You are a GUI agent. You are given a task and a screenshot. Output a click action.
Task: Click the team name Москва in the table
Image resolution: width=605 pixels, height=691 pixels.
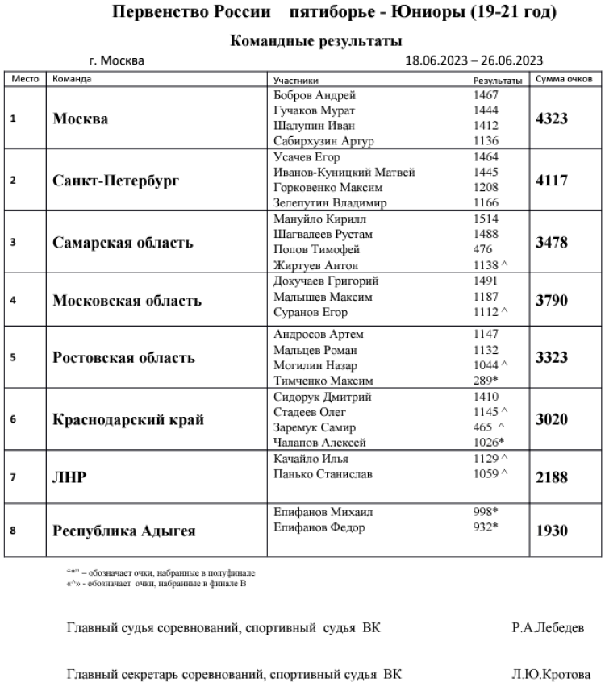click(81, 119)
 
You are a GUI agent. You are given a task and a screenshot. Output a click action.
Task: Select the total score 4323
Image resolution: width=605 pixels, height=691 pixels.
click(553, 119)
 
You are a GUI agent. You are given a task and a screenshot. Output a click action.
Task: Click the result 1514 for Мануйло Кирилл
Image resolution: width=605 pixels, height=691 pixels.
click(486, 219)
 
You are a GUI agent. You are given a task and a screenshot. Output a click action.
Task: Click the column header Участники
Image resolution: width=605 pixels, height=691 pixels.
click(296, 80)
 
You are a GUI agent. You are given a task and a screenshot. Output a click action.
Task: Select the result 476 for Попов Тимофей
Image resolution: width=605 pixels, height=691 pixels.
click(482, 250)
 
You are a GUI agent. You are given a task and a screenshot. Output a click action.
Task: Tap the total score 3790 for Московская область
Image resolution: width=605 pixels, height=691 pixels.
click(553, 301)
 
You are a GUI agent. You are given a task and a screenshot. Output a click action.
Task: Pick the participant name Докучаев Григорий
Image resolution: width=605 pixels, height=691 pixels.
click(326, 281)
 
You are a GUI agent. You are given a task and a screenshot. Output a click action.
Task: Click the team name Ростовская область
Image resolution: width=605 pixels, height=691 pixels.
click(124, 358)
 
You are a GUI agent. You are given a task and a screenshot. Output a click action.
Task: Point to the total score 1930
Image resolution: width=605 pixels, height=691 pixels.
click(553, 531)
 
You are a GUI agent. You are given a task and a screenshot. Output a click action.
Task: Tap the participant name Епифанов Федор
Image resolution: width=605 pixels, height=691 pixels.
click(320, 528)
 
